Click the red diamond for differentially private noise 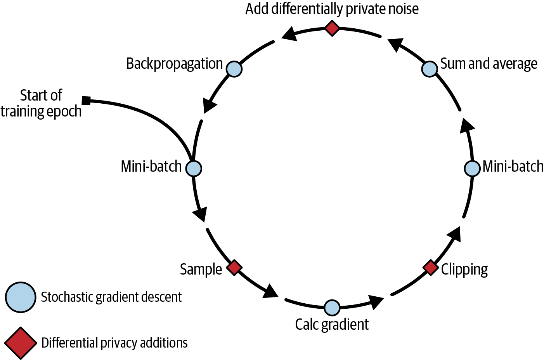(332, 28)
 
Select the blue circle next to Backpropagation (234, 69)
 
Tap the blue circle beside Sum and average (430, 69)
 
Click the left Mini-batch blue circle (194, 169)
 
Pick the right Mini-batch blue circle (472, 169)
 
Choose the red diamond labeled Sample (234, 268)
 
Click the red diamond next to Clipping (430, 267)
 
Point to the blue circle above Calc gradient (332, 308)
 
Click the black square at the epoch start (86, 101)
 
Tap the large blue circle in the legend (21, 297)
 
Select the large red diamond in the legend (21, 343)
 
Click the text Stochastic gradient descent (111, 297)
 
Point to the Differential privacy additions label (114, 343)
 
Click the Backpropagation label (174, 64)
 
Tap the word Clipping (464, 269)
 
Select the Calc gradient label (332, 324)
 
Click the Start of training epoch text (41, 103)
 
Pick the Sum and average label (489, 64)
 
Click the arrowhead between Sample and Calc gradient (270, 291)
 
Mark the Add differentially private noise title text (332, 9)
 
